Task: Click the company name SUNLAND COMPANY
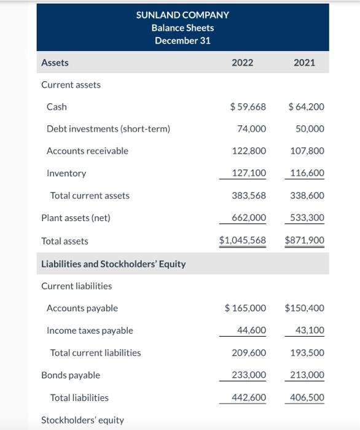tap(182, 15)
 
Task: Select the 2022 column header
tap(242, 63)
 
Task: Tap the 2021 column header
tap(305, 63)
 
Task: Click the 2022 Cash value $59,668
tap(248, 107)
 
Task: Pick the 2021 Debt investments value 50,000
tap(310, 129)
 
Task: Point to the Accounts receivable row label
tap(87, 151)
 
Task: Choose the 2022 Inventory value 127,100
tap(249, 173)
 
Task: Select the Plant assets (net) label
tap(75, 218)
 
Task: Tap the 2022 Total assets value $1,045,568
tap(243, 241)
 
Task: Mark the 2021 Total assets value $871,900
tap(305, 241)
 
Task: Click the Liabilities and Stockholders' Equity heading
tap(113, 264)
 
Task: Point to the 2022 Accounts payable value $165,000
tap(245, 308)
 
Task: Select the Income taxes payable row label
tap(90, 330)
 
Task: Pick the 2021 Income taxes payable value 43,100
tap(310, 330)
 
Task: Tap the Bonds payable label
tap(70, 375)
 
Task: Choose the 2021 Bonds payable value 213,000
tap(307, 375)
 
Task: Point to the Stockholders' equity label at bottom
tap(82, 420)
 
